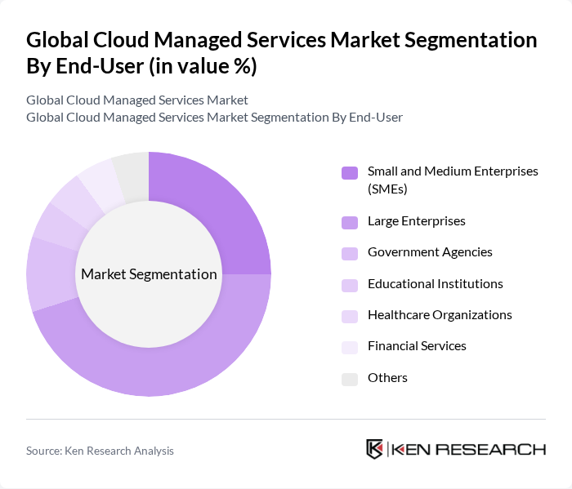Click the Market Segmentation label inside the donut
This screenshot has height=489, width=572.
pos(149,274)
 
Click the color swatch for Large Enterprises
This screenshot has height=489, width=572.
pos(350,222)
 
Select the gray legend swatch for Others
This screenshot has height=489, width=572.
pos(350,379)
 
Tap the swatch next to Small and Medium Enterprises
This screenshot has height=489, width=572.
pos(350,172)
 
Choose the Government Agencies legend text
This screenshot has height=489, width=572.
pos(430,252)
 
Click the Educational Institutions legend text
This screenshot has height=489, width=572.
pos(435,283)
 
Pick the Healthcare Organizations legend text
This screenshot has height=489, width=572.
pos(440,315)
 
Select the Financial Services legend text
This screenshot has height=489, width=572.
pos(417,346)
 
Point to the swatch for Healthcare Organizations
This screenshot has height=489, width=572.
pos(350,316)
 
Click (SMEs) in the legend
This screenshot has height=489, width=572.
pos(387,189)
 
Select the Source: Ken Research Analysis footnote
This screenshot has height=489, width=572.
pos(100,451)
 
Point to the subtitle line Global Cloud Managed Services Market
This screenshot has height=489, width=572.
pos(137,100)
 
